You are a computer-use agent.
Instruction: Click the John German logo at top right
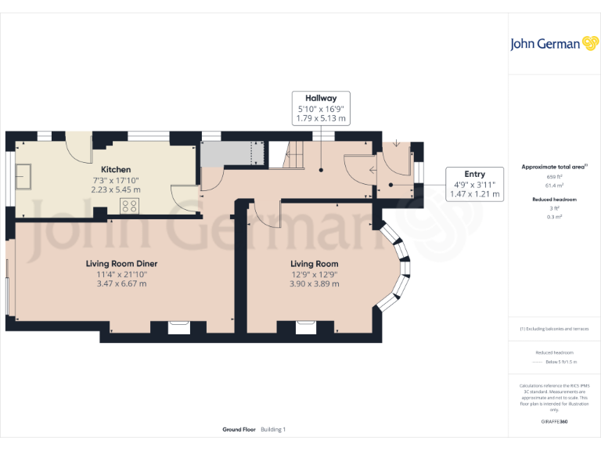[554, 44]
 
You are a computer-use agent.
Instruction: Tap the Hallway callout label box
[320, 107]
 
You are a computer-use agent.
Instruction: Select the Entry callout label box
[474, 184]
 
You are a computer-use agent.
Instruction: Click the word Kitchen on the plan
[116, 169]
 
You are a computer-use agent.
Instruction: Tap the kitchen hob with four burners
[130, 207]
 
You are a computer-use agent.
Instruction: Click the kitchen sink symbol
[22, 177]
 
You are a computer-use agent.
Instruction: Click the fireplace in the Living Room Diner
[178, 327]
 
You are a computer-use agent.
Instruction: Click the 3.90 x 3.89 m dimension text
[315, 283]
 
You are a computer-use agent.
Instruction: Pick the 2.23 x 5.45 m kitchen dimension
[116, 189]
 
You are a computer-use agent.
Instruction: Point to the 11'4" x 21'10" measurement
[121, 274]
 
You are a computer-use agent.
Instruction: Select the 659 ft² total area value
[554, 177]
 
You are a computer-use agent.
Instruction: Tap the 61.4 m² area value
[554, 186]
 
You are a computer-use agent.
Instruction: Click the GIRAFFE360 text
[554, 422]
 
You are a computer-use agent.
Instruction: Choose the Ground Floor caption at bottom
[239, 430]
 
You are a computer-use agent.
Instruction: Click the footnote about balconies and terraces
[554, 329]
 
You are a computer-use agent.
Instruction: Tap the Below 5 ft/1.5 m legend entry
[560, 362]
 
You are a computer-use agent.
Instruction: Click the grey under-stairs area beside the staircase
[228, 153]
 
